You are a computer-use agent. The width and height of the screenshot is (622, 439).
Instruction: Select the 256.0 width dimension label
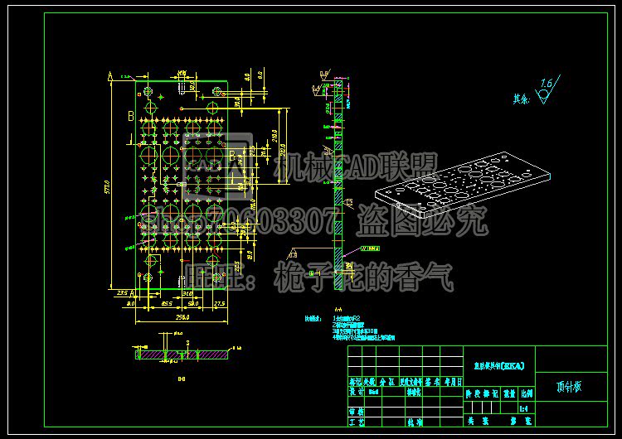(x=182, y=316)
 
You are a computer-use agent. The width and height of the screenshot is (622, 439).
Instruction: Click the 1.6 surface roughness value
(x=547, y=83)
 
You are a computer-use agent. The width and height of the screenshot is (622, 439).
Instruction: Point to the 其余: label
(x=521, y=98)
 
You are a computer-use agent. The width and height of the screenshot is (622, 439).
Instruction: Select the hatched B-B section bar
(x=182, y=354)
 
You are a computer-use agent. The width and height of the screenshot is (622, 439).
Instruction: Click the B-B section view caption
(x=181, y=381)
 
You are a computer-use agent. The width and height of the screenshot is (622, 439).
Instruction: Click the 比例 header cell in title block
(x=526, y=394)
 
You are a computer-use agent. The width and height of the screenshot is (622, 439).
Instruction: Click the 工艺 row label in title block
(x=356, y=422)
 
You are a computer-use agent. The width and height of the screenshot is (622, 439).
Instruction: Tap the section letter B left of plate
(x=129, y=115)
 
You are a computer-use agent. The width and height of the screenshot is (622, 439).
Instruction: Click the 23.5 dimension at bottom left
(x=122, y=293)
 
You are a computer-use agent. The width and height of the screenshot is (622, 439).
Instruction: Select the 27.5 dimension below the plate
(x=219, y=305)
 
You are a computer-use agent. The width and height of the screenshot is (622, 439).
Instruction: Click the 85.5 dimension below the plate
(x=155, y=305)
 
